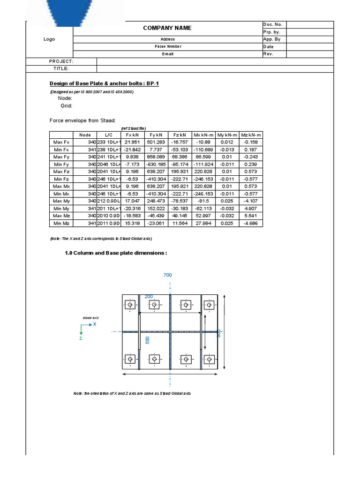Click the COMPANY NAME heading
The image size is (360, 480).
tap(167, 28)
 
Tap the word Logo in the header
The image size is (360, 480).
tap(49, 39)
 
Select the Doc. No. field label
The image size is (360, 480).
tap(272, 24)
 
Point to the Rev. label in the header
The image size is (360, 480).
tap(268, 54)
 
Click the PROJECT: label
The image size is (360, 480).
tap(61, 61)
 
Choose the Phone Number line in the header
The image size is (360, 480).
tap(168, 46)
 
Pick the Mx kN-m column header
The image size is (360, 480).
tap(204, 135)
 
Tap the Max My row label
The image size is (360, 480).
tap(61, 201)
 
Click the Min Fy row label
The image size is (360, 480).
tap(61, 164)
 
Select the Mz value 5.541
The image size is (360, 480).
tap(251, 216)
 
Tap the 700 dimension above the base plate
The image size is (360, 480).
tap(168, 275)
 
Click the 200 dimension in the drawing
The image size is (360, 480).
tap(149, 297)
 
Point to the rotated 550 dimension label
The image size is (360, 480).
tap(148, 340)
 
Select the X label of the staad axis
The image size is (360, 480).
tap(95, 324)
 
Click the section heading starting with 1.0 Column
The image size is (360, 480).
tap(115, 253)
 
